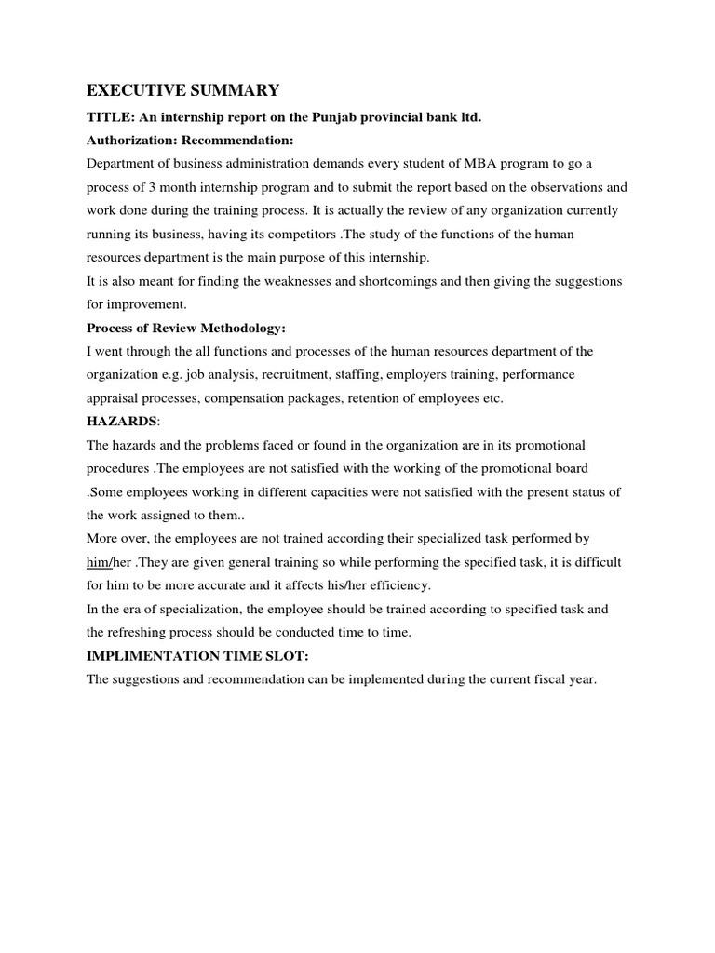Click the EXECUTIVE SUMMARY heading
click(x=182, y=90)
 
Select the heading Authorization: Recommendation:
click(x=190, y=141)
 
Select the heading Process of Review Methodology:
click(x=191, y=328)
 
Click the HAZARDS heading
click(x=121, y=422)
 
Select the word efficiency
click(x=401, y=585)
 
